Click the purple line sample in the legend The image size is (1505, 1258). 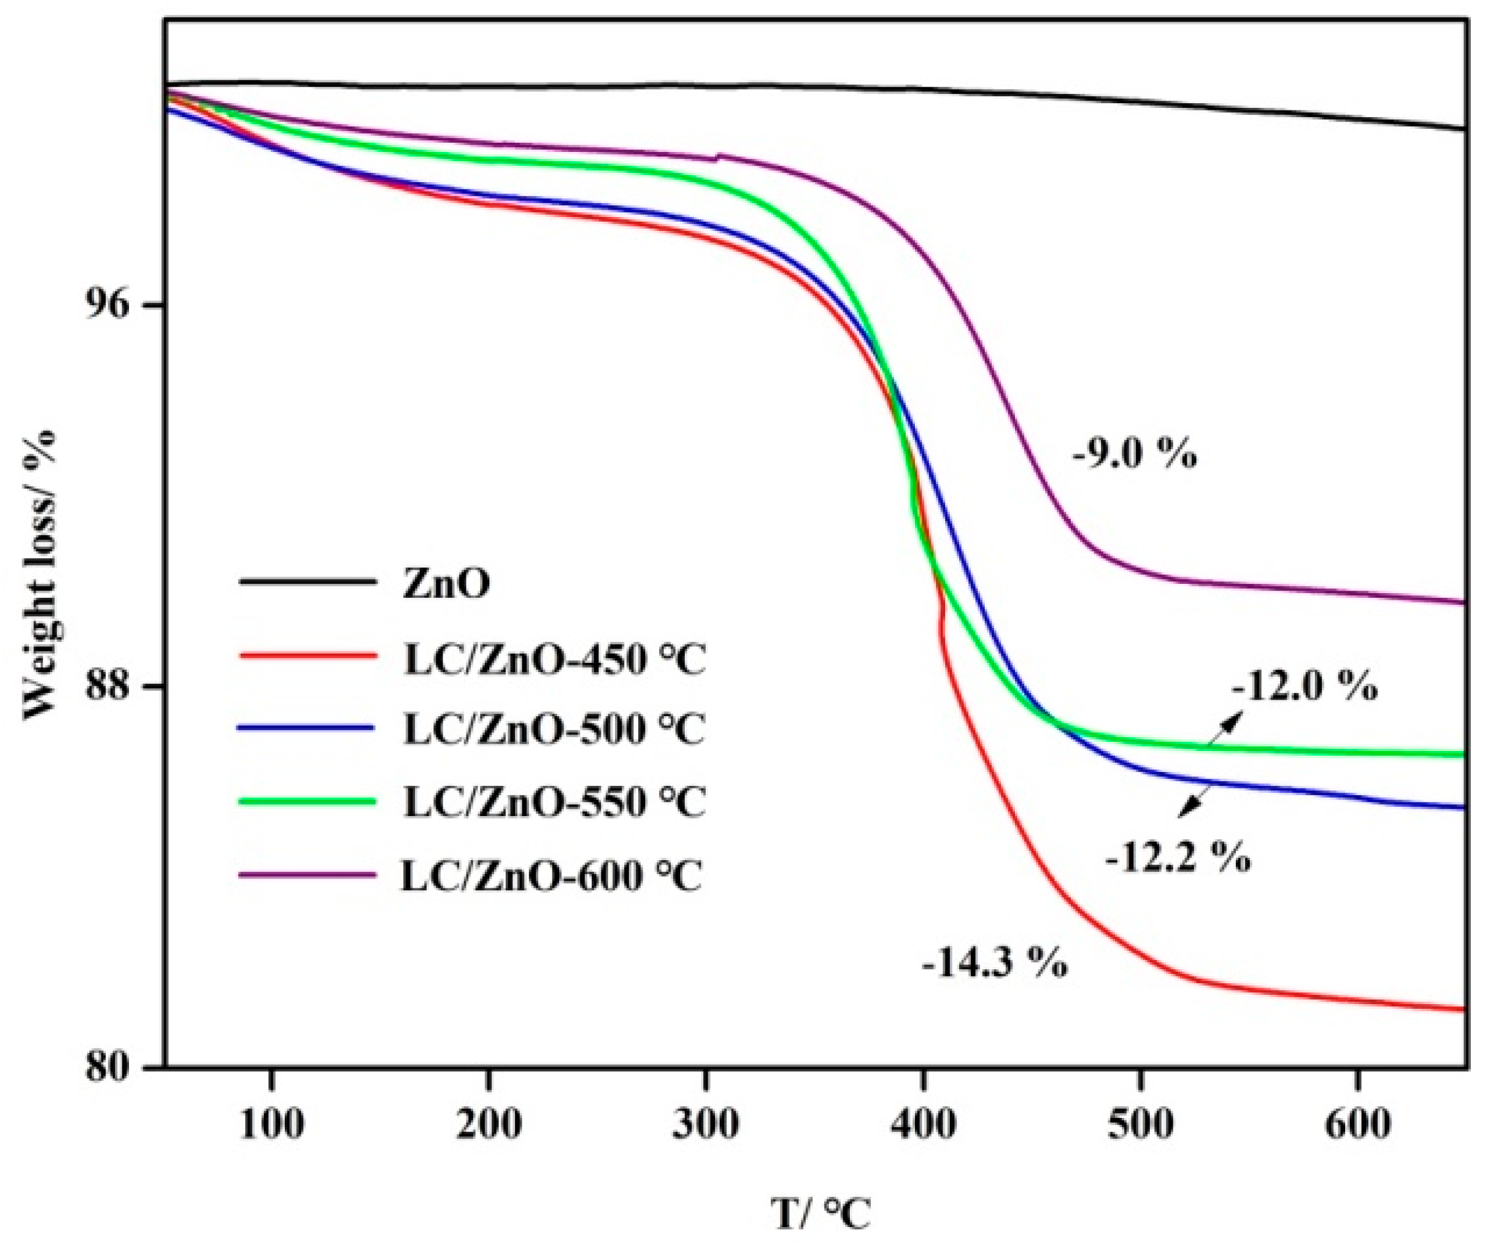[307, 875]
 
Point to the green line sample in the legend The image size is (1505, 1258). [307, 801]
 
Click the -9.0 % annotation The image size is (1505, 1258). [1135, 454]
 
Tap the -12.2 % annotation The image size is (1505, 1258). [1178, 857]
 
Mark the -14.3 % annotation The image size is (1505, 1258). [995, 963]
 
